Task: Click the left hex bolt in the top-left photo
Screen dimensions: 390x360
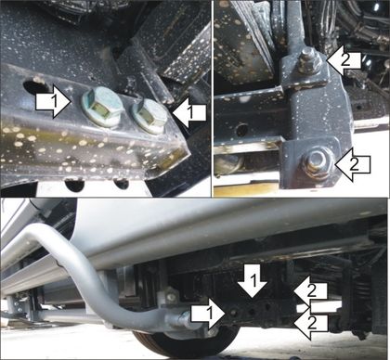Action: pyautogui.click(x=102, y=107)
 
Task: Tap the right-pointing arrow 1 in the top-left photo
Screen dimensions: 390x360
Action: pyautogui.click(x=53, y=102)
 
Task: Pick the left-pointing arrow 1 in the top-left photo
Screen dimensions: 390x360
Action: pyautogui.click(x=188, y=112)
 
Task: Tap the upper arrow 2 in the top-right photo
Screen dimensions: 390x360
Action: pyautogui.click(x=344, y=60)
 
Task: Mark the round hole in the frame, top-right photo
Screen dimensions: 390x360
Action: pyautogui.click(x=241, y=130)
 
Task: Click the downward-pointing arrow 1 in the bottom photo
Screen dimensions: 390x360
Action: pyautogui.click(x=253, y=280)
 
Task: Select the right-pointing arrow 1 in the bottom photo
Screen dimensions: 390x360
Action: pyautogui.click(x=208, y=314)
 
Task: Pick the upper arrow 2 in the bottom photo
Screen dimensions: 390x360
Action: pyautogui.click(x=310, y=290)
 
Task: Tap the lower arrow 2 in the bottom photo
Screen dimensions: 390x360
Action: pyautogui.click(x=310, y=324)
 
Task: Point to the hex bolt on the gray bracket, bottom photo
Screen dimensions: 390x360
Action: pyautogui.click(x=169, y=296)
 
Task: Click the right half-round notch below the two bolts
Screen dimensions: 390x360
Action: pyautogui.click(x=121, y=184)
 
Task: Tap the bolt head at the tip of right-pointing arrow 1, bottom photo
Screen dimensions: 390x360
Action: pyautogui.click(x=234, y=312)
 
